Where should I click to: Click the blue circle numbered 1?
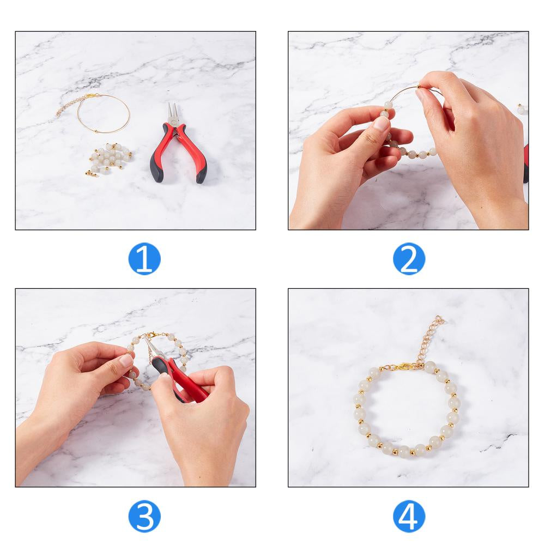[144, 259]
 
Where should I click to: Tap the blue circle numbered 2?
[409, 259]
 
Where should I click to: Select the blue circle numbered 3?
[144, 516]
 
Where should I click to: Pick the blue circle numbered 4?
[409, 516]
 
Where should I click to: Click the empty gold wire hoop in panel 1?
[104, 114]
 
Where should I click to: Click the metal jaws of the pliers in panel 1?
[173, 113]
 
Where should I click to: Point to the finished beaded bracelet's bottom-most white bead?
[404, 452]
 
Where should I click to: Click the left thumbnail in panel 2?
[381, 123]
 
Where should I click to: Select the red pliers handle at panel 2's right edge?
[526, 163]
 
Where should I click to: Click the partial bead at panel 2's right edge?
[522, 109]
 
